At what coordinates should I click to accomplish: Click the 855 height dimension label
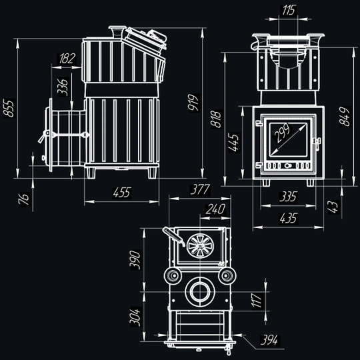click(9, 108)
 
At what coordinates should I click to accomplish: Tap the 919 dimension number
click(193, 103)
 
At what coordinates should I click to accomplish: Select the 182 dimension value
click(67, 59)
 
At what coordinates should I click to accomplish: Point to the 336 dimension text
click(63, 87)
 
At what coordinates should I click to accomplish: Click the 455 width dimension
click(122, 193)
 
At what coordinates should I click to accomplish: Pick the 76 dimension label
click(25, 199)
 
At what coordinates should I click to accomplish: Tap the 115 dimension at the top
click(288, 10)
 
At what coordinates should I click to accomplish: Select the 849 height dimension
click(345, 116)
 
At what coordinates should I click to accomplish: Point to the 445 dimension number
click(234, 143)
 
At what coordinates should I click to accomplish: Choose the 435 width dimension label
click(289, 218)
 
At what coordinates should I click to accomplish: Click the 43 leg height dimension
click(333, 207)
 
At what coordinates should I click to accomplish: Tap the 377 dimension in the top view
click(200, 189)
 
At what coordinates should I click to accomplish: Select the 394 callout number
click(269, 340)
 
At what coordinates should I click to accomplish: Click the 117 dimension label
click(257, 300)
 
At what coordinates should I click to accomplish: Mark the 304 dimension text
click(135, 317)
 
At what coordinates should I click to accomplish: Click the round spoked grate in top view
click(200, 246)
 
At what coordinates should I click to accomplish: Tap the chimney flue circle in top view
click(200, 292)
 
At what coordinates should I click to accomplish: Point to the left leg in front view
click(266, 183)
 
